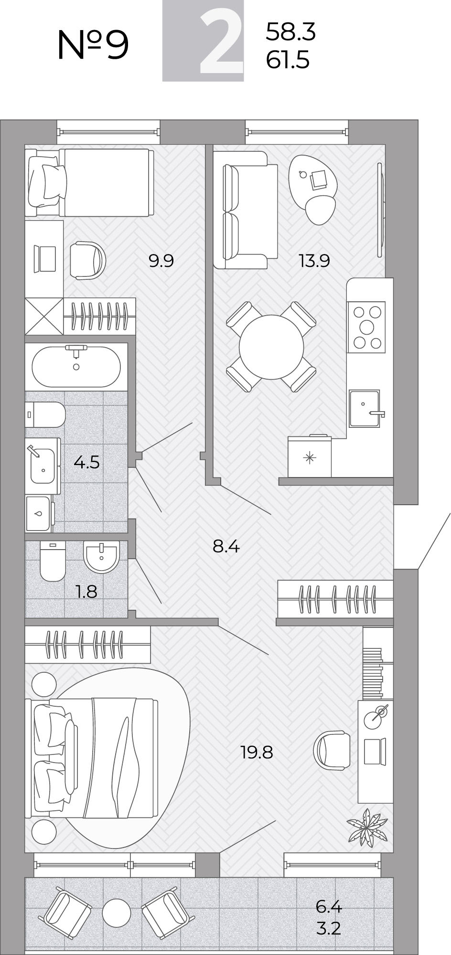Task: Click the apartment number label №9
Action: point(93,45)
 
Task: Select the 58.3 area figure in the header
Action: point(291,32)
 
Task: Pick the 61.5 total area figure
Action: point(288,60)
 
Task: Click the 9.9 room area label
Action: point(161,261)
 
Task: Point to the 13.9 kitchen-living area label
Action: point(314,261)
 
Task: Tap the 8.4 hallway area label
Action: point(226,546)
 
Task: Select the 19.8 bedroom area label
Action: point(257,753)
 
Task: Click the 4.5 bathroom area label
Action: point(86,462)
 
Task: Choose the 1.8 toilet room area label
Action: point(86,592)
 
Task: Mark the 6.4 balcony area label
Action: point(329,906)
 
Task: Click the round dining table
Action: point(271,347)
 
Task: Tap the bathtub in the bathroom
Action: point(76,366)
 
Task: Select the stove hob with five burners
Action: point(366,327)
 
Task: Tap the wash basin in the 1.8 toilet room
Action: point(101,557)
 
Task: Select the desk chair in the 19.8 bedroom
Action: point(332,750)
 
